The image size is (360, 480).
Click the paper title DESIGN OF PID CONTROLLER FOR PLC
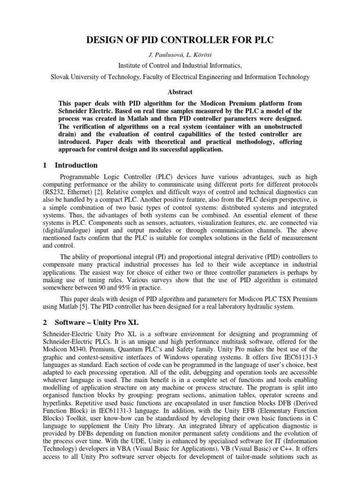point(180,41)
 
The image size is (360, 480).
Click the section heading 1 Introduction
point(70,165)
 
